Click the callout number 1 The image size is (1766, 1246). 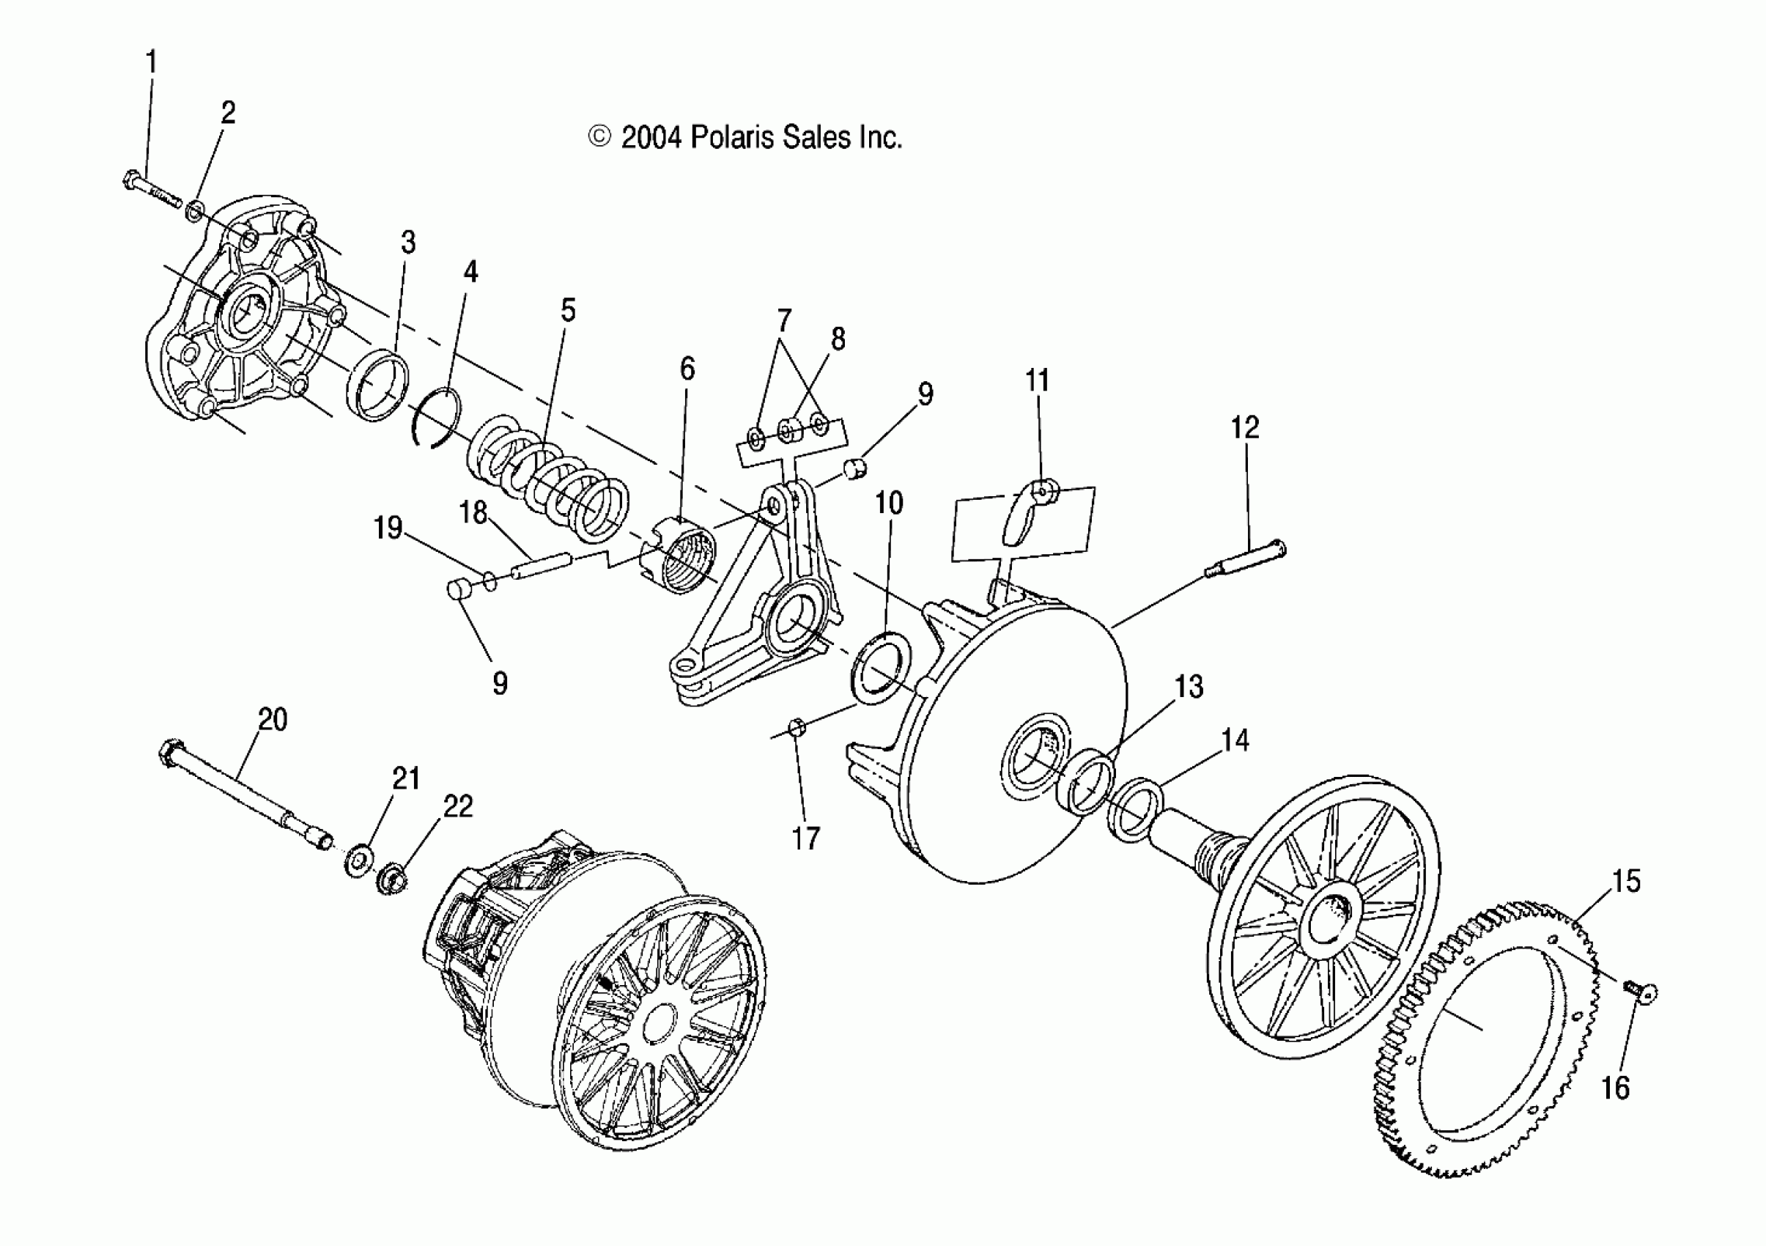pyautogui.click(x=152, y=62)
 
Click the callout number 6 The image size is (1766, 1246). pyautogui.click(x=687, y=369)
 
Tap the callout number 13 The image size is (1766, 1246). pyautogui.click(x=1189, y=686)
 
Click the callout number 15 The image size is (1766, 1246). pyautogui.click(x=1626, y=881)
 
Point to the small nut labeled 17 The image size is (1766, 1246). pyautogui.click(x=797, y=726)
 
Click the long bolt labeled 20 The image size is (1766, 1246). pyautogui.click(x=246, y=792)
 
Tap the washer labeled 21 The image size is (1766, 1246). pyautogui.click(x=358, y=860)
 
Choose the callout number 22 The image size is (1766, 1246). pyautogui.click(x=458, y=806)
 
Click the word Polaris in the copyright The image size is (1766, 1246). pyautogui.click(x=733, y=138)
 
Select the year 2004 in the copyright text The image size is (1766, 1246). pyautogui.click(x=651, y=138)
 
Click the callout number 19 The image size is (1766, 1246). pyautogui.click(x=388, y=528)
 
